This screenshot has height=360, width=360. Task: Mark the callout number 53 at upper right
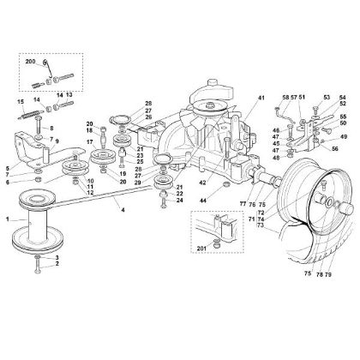tap(327, 99)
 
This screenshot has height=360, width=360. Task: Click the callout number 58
tap(284, 99)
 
